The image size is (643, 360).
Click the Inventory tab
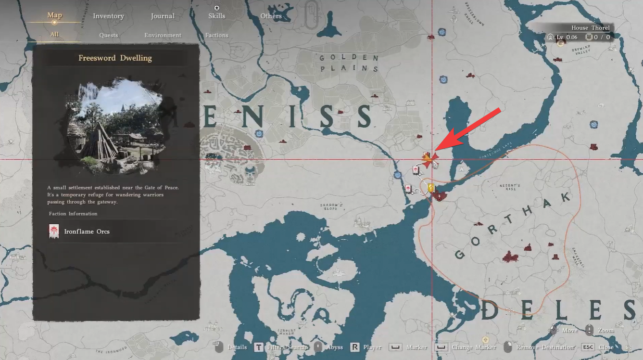(108, 16)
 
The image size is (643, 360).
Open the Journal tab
(163, 16)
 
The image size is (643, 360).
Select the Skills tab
(216, 16)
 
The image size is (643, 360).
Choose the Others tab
(271, 16)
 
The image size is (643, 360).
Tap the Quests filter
(109, 35)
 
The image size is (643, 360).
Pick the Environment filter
(163, 35)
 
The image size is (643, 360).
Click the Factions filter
(216, 35)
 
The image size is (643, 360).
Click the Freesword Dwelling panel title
(115, 58)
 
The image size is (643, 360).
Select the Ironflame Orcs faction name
(87, 231)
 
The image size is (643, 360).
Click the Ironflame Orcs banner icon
(54, 231)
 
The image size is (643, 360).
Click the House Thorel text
(590, 28)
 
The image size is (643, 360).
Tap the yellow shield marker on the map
(431, 187)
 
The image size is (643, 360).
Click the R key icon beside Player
(355, 347)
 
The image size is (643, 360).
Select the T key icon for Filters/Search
(258, 347)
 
